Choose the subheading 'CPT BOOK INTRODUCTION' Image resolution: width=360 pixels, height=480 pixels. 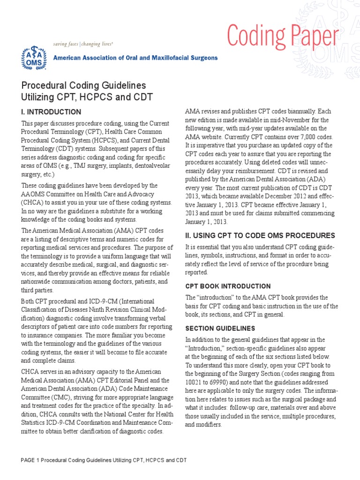click(x=228, y=286)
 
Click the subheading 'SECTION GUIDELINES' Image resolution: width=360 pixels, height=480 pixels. click(x=220, y=328)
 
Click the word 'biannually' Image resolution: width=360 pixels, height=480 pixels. click(x=287, y=112)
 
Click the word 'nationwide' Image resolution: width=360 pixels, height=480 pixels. click(x=40, y=282)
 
